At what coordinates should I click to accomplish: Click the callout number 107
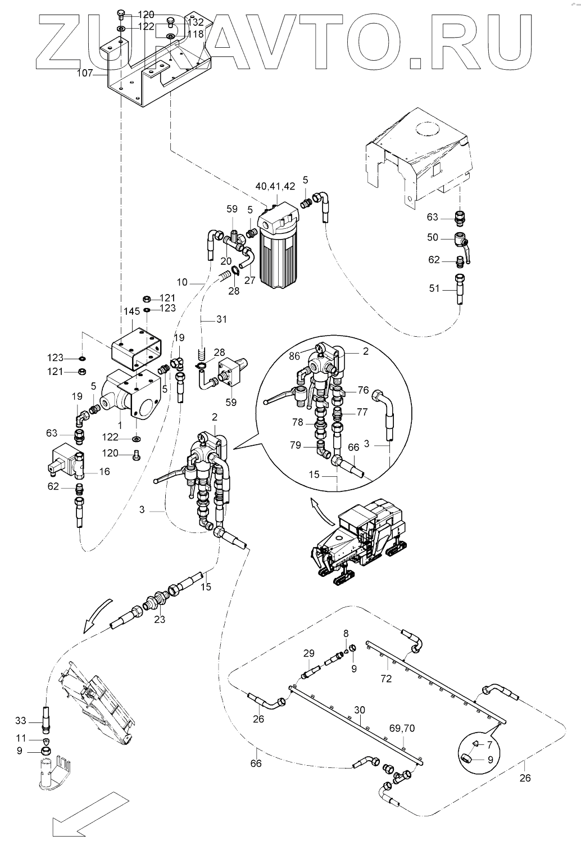[85, 73]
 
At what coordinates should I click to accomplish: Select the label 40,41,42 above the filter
[275, 186]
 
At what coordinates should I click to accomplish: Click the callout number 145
[132, 311]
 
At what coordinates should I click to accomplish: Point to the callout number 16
[105, 472]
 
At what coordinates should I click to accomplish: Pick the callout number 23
[160, 620]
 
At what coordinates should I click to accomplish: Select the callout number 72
[386, 679]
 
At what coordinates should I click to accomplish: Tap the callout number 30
[360, 710]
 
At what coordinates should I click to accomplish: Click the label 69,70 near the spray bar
[402, 728]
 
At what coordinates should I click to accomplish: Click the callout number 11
[21, 739]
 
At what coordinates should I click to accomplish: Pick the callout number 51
[434, 288]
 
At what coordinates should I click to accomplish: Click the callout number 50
[433, 237]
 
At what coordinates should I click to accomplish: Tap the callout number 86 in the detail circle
[293, 356]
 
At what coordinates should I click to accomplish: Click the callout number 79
[295, 445]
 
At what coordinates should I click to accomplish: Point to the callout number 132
[196, 22]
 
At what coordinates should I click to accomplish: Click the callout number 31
[221, 319]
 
